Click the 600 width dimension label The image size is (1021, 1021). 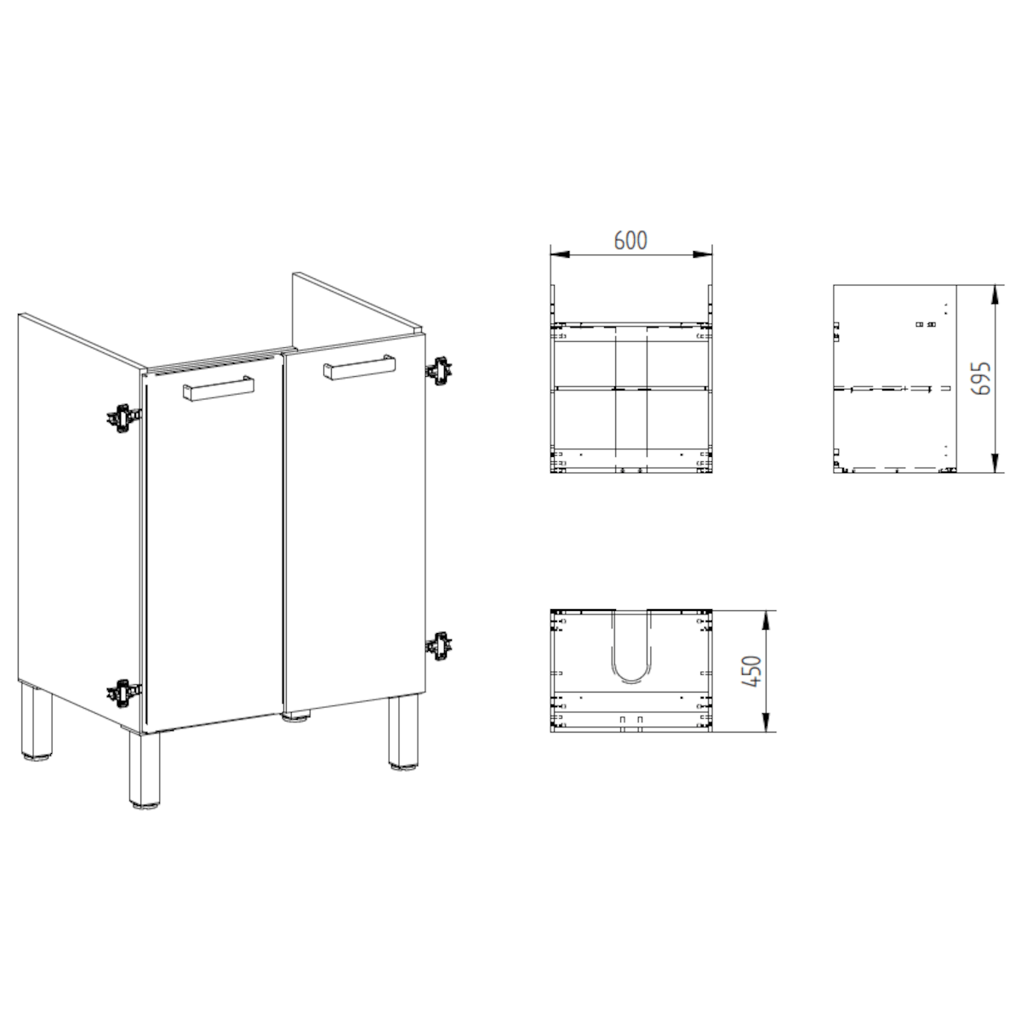coord(630,241)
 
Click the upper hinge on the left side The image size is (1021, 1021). coord(123,417)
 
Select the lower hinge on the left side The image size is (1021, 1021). coord(123,693)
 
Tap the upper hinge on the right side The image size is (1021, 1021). coord(439,369)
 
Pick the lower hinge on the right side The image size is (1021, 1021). coord(439,646)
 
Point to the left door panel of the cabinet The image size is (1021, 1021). coord(213,553)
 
